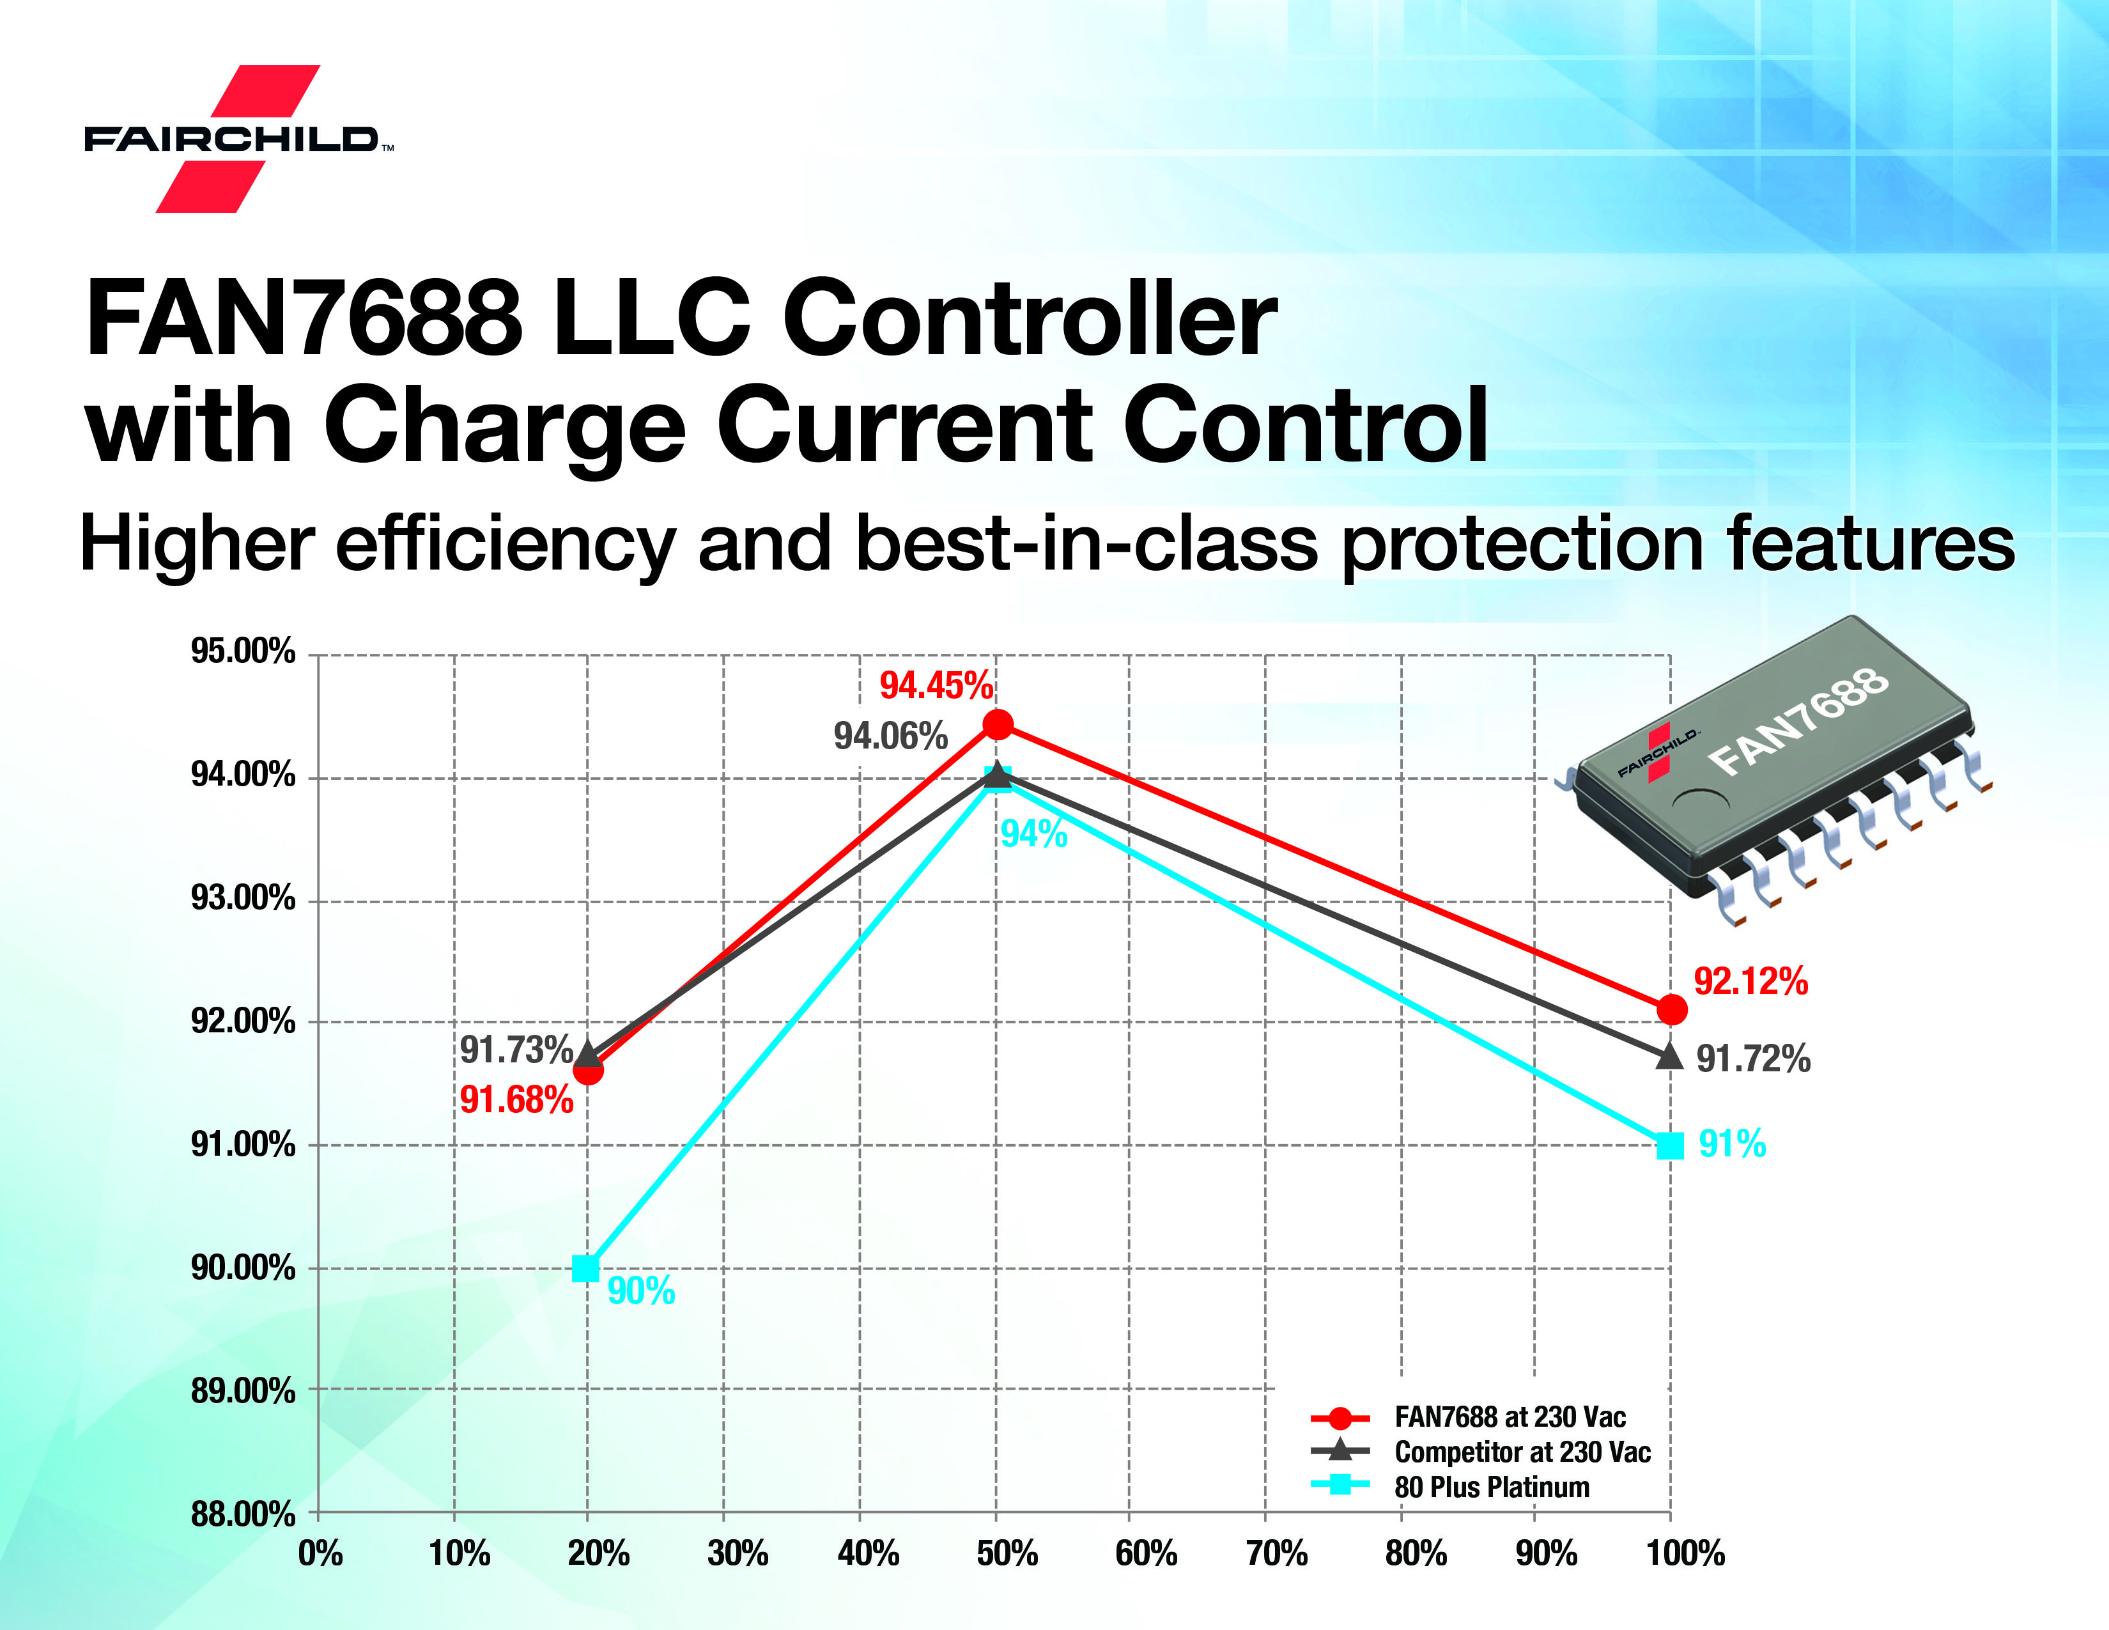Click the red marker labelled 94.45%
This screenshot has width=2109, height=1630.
pos(998,724)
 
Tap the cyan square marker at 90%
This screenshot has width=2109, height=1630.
pos(585,1268)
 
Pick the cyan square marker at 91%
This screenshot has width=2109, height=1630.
pos(1669,1146)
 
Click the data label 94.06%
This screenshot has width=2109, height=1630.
pos(890,737)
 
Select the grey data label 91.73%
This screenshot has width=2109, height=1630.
pos(516,1050)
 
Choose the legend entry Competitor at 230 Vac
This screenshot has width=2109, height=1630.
pos(1522,1452)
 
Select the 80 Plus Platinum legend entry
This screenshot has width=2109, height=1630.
pos(1491,1487)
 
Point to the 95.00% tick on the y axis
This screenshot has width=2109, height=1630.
pos(242,652)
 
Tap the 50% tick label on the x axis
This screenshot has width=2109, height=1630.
pos(1006,1554)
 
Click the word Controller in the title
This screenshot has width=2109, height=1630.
pos(1030,320)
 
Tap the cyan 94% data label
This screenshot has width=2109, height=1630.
pos(1033,834)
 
